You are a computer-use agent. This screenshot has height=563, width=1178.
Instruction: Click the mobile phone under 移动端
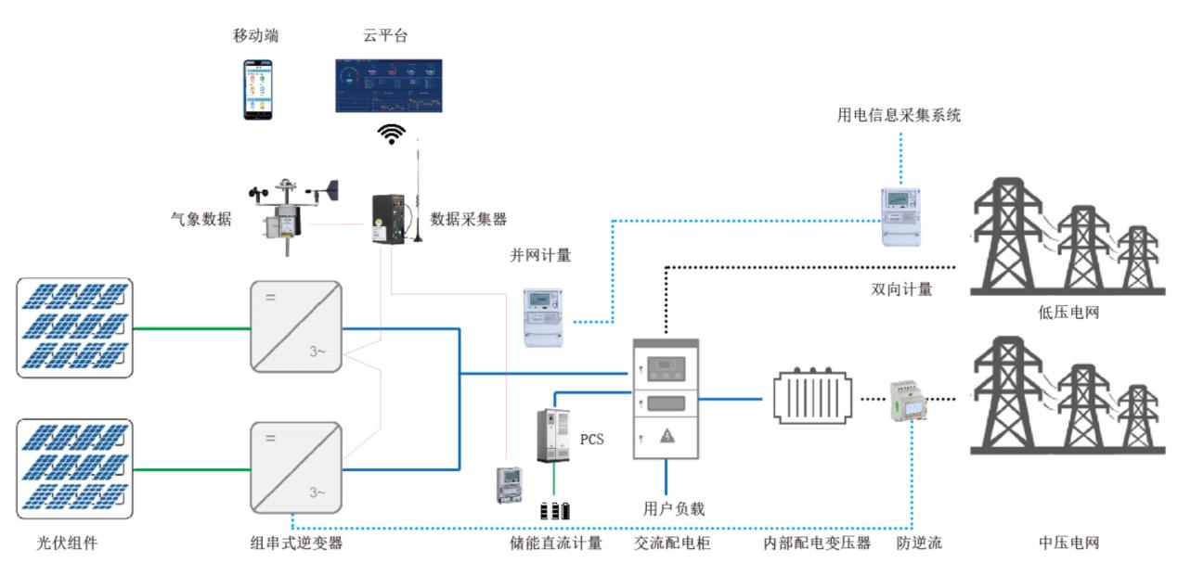pos(260,89)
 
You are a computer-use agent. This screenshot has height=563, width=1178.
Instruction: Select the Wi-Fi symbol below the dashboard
pos(392,134)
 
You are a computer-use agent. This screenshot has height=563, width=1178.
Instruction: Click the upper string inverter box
pos(295,326)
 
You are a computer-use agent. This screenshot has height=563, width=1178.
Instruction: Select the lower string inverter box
pos(295,467)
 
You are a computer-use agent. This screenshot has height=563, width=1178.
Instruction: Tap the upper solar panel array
pos(75,326)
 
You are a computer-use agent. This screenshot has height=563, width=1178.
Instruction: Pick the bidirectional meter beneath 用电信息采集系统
pos(900,216)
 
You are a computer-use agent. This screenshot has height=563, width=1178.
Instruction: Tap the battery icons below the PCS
pos(556,510)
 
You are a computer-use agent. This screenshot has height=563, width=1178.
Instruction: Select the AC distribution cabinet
pos(666,399)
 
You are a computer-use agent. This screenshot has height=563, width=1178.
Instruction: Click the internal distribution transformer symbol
pos(813,399)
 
